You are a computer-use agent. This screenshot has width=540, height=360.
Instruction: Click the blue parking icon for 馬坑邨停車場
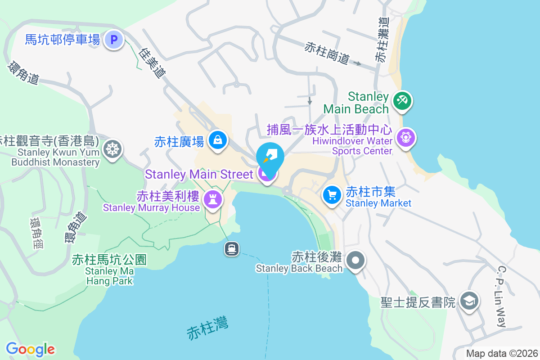[x=114, y=40]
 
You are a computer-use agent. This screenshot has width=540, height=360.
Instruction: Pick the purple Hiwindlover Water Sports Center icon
[x=406, y=137]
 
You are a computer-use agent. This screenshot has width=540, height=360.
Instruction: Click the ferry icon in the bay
[x=232, y=248]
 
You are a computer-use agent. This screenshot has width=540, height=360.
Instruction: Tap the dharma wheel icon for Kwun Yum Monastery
[x=112, y=148]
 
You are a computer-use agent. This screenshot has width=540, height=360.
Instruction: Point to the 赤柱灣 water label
[x=207, y=328]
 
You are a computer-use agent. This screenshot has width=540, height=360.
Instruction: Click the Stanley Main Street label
[x=198, y=174]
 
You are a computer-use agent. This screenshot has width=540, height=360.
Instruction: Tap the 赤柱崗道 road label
[x=327, y=53]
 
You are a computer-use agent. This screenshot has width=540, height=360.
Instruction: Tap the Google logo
[x=30, y=349]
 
